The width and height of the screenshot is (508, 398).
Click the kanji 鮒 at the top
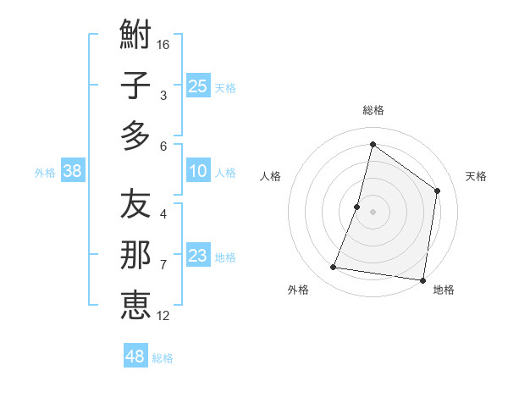pos(135,35)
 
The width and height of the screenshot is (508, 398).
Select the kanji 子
pos(135,86)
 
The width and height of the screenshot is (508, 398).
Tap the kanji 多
pos(135,135)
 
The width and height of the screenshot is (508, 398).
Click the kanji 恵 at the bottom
pos(135,305)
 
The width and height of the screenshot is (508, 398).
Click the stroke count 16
pos(163,44)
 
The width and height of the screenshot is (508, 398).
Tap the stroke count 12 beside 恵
pos(163,316)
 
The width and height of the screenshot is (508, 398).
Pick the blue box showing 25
pos(198,86)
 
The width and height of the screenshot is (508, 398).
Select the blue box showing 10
pos(198,172)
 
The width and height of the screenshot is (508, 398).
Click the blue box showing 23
pos(198,256)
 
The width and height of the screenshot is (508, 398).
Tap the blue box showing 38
pos(73,172)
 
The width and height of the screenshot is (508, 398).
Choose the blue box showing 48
pos(135,357)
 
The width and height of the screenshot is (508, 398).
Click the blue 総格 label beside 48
pos(163,358)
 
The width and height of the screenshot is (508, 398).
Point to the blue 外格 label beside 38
pos(45,173)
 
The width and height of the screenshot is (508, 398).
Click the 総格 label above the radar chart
pos(373,110)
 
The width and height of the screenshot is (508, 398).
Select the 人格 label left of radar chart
pos(271,176)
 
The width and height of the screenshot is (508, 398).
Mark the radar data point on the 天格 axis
pos(438,191)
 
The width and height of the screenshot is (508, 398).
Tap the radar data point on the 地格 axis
pos(422,279)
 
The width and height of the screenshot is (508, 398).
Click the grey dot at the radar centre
pos(373,212)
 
